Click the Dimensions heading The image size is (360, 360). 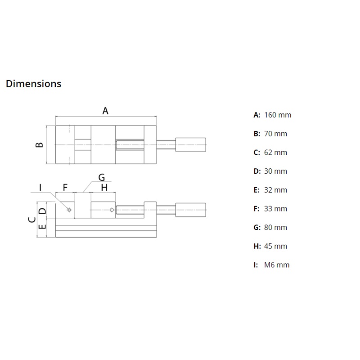click(33, 84)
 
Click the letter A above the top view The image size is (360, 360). click(105, 111)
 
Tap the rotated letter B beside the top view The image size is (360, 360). click(39, 144)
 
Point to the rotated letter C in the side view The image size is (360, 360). click(31, 220)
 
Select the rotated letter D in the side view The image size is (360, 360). click(42, 211)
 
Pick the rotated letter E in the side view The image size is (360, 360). click(42, 227)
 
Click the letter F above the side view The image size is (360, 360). click(65, 188)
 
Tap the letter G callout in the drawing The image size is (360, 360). click(102, 177)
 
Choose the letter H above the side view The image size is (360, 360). click(104, 188)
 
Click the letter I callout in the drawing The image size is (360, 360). click(40, 187)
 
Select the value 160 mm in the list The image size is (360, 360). click(278, 115)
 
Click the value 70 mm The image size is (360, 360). click(275, 134)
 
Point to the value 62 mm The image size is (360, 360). click(275, 153)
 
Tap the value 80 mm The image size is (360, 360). click(275, 228)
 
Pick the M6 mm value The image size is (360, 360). click(277, 265)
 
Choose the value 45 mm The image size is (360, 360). click(275, 246)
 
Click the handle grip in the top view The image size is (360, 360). click(190, 144)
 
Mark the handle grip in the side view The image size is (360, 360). click(190, 210)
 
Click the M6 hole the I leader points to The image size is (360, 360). click(69, 210)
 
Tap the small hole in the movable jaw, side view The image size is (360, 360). click(112, 210)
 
